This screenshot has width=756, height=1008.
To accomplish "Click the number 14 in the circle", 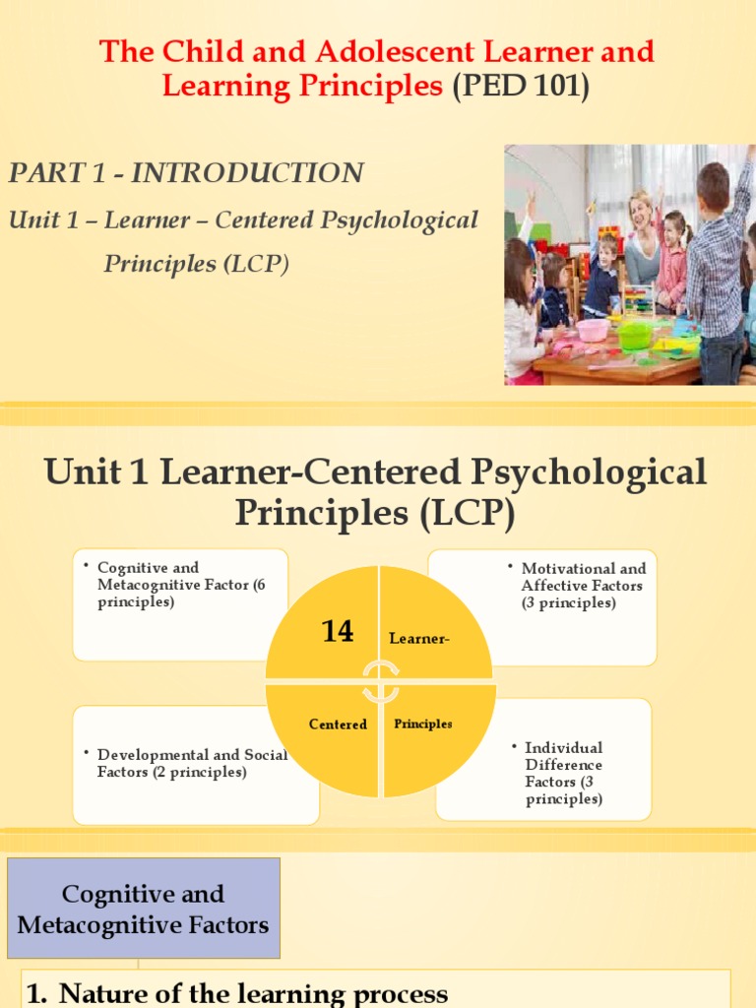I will click(338, 631).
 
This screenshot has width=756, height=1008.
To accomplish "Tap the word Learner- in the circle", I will click(419, 639).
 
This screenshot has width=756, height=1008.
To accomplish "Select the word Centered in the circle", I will click(338, 724).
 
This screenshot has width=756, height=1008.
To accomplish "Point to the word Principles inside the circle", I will click(423, 724).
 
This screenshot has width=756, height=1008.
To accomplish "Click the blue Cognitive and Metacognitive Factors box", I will click(144, 909).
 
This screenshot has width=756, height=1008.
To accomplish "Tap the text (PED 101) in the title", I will click(521, 87).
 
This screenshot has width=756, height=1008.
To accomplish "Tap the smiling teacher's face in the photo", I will click(641, 212).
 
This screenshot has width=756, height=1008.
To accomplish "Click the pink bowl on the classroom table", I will click(593, 330).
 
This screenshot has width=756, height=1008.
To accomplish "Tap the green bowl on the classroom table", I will click(635, 336).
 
